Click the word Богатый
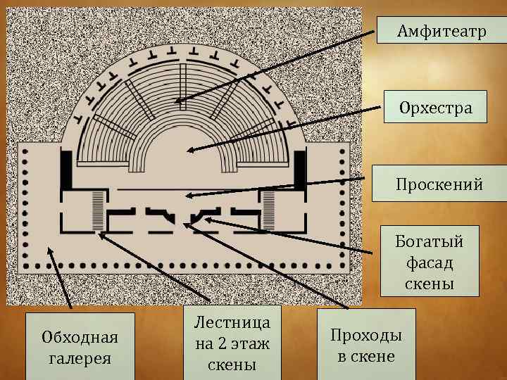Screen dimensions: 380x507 tap(429, 243)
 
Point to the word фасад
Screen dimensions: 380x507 tap(429, 264)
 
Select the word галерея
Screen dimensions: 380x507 tap(70, 358)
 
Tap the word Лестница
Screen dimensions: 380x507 tap(232, 324)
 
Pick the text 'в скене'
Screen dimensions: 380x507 tap(366, 356)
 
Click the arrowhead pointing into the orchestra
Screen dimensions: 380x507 tap(189, 150)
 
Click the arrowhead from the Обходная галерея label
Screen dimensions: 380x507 tap(50, 248)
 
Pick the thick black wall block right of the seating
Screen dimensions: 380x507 tap(299, 170)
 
